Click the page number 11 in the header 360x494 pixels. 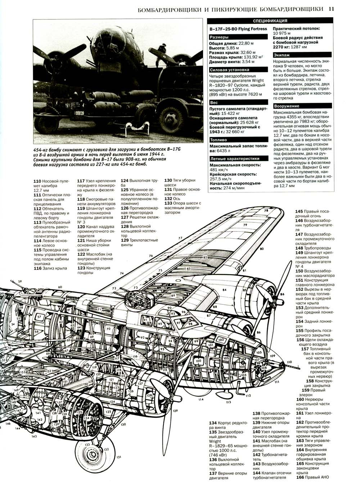click(332, 10)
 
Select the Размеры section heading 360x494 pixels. click(219, 37)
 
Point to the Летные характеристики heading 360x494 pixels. click(234, 158)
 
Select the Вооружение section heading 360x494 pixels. click(287, 106)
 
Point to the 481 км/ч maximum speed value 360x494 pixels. click(219, 169)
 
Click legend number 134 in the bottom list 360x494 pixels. click(213, 423)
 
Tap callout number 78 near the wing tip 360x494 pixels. click(266, 210)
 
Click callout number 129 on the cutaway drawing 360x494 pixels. click(176, 411)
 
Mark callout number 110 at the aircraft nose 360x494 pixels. click(289, 362)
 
